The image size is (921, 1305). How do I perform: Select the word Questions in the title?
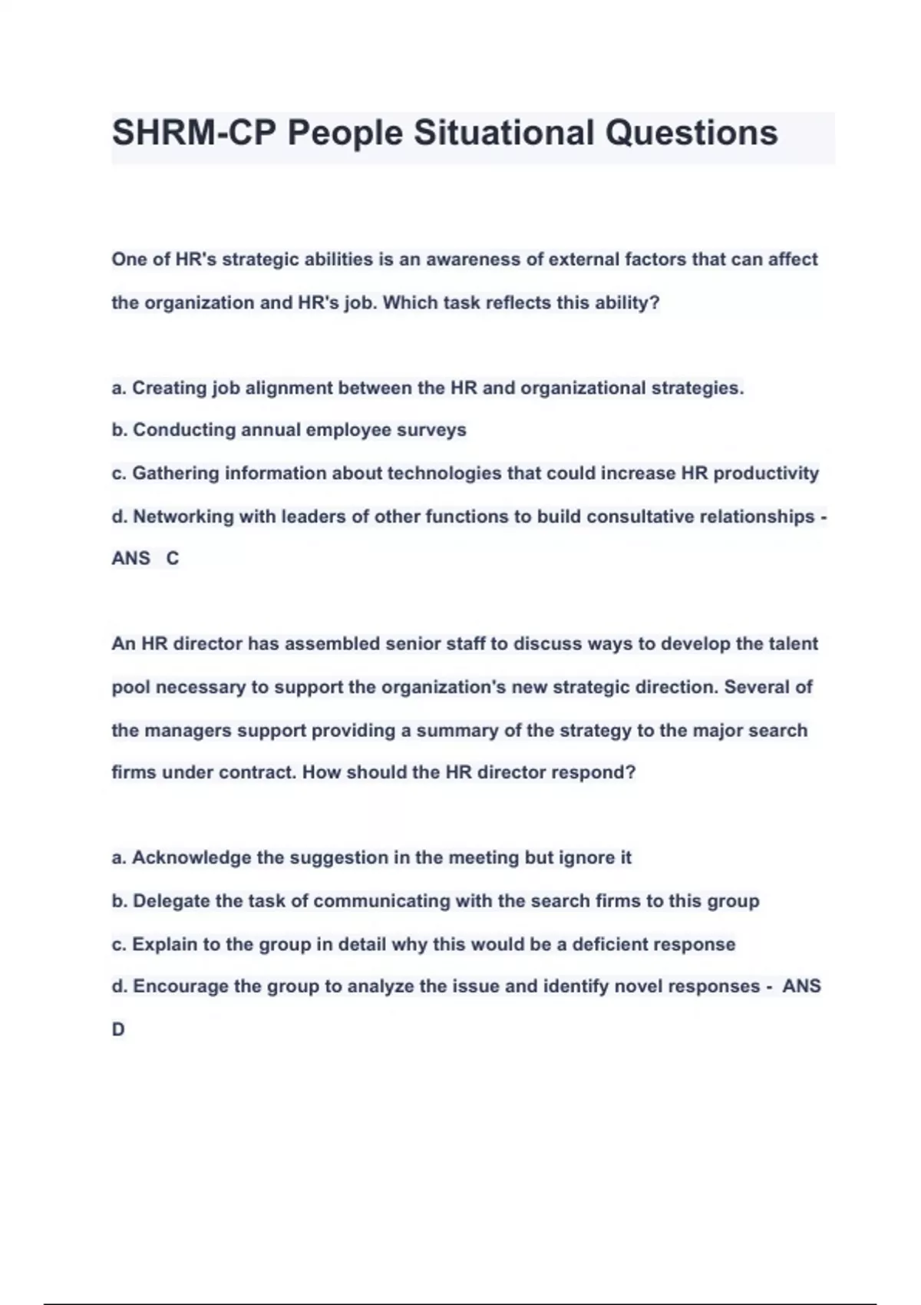(692, 133)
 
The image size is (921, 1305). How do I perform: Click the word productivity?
(766, 474)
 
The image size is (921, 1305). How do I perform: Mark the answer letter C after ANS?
(173, 559)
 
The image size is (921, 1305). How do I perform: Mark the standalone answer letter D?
(118, 1030)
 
